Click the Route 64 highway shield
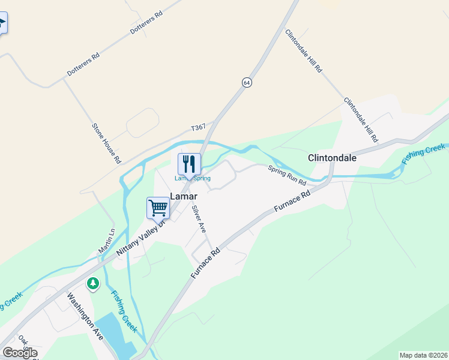pyautogui.click(x=247, y=82)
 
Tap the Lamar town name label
pyautogui.click(x=184, y=196)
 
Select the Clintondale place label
pyautogui.click(x=332, y=158)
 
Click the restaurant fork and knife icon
pyautogui.click(x=189, y=163)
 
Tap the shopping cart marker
pyautogui.click(x=158, y=208)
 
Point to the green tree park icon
pyautogui.click(x=92, y=283)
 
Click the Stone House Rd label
pyautogui.click(x=106, y=143)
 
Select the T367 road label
pyautogui.click(x=198, y=128)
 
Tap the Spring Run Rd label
pyautogui.click(x=287, y=175)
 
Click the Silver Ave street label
pyautogui.click(x=199, y=219)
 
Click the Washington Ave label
pyautogui.click(x=85, y=316)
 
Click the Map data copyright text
pyautogui.click(x=423, y=355)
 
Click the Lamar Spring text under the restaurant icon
pyautogui.click(x=193, y=178)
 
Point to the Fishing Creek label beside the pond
pyautogui.click(x=124, y=311)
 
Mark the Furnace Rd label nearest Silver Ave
pyautogui.click(x=206, y=263)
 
